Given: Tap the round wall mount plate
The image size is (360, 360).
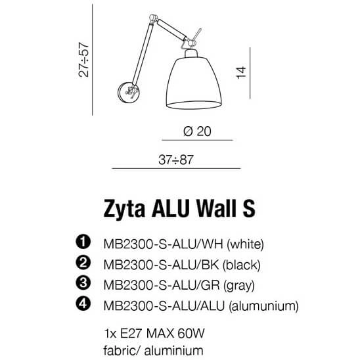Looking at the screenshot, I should tap(125, 92).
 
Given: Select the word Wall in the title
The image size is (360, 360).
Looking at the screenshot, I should tap(213, 209).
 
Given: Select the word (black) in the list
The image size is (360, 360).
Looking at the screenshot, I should tap(242, 265).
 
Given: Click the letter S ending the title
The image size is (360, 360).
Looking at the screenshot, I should tap(248, 209).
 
